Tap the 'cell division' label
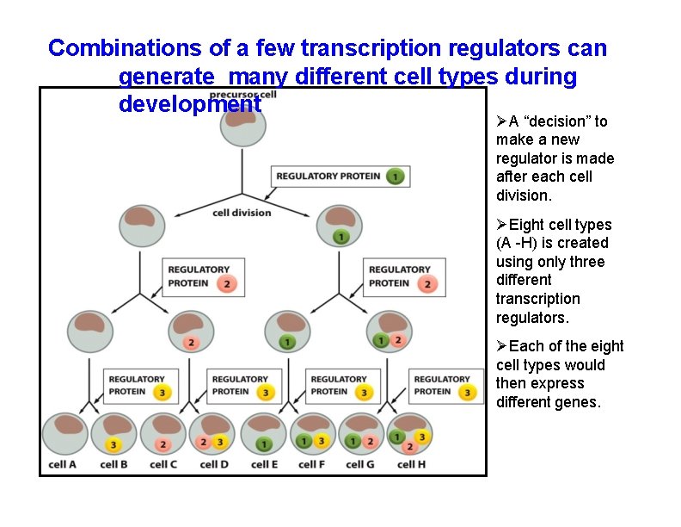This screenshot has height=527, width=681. tap(242, 213)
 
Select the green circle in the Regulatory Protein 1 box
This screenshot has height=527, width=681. tap(395, 177)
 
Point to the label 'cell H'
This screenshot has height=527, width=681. tap(412, 465)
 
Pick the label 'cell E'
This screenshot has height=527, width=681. tap(264, 465)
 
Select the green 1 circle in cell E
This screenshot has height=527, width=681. tap(264, 444)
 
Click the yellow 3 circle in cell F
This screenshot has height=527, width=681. tap(321, 442)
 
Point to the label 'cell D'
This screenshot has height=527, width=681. tap(213, 465)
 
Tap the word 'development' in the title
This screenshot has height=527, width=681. tap(190, 105)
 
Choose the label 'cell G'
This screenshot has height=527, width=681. tap(362, 465)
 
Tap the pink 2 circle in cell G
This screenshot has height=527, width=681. tap(370, 442)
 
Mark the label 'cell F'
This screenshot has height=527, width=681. tap(313, 465)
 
